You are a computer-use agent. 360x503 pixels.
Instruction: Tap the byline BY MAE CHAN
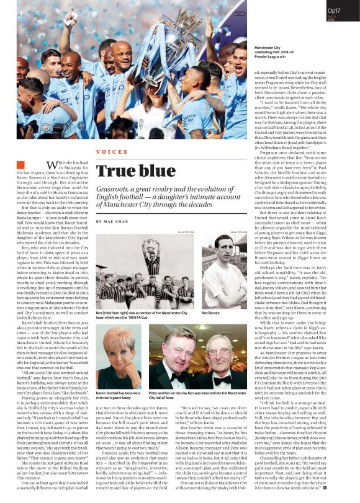112,221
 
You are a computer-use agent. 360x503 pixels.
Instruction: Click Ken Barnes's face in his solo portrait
218,266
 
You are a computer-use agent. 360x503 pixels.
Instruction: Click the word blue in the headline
163,171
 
